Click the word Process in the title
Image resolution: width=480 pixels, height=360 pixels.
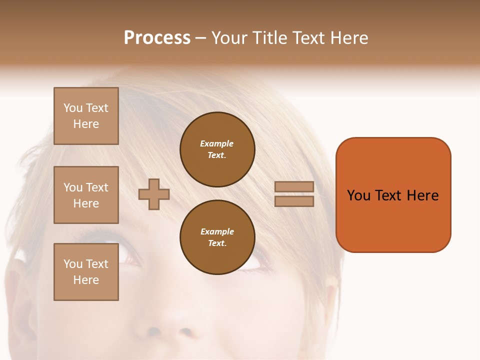click(157, 38)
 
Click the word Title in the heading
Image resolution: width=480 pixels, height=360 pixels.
click(268, 38)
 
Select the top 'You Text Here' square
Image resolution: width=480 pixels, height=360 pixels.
click(86, 116)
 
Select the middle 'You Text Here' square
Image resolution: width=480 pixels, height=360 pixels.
click(86, 195)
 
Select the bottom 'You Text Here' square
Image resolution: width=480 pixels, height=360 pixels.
click(86, 272)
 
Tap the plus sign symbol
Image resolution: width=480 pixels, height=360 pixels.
click(154, 194)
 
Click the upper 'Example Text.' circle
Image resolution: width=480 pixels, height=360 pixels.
click(217, 149)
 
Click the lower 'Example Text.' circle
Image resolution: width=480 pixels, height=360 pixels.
click(217, 237)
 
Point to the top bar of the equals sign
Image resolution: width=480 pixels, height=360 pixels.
click(294, 187)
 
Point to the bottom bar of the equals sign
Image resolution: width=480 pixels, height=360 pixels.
click(294, 201)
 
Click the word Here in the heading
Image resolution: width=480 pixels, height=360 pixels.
click(348, 38)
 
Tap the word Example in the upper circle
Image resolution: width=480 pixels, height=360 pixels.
click(216, 143)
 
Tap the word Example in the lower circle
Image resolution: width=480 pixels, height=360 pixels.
click(217, 231)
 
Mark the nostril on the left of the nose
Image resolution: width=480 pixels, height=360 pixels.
click(154, 331)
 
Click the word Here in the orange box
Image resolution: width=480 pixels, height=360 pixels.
click(422, 195)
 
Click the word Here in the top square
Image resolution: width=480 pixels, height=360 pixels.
click(86, 124)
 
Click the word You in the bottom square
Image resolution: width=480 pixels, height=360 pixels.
click(73, 264)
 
